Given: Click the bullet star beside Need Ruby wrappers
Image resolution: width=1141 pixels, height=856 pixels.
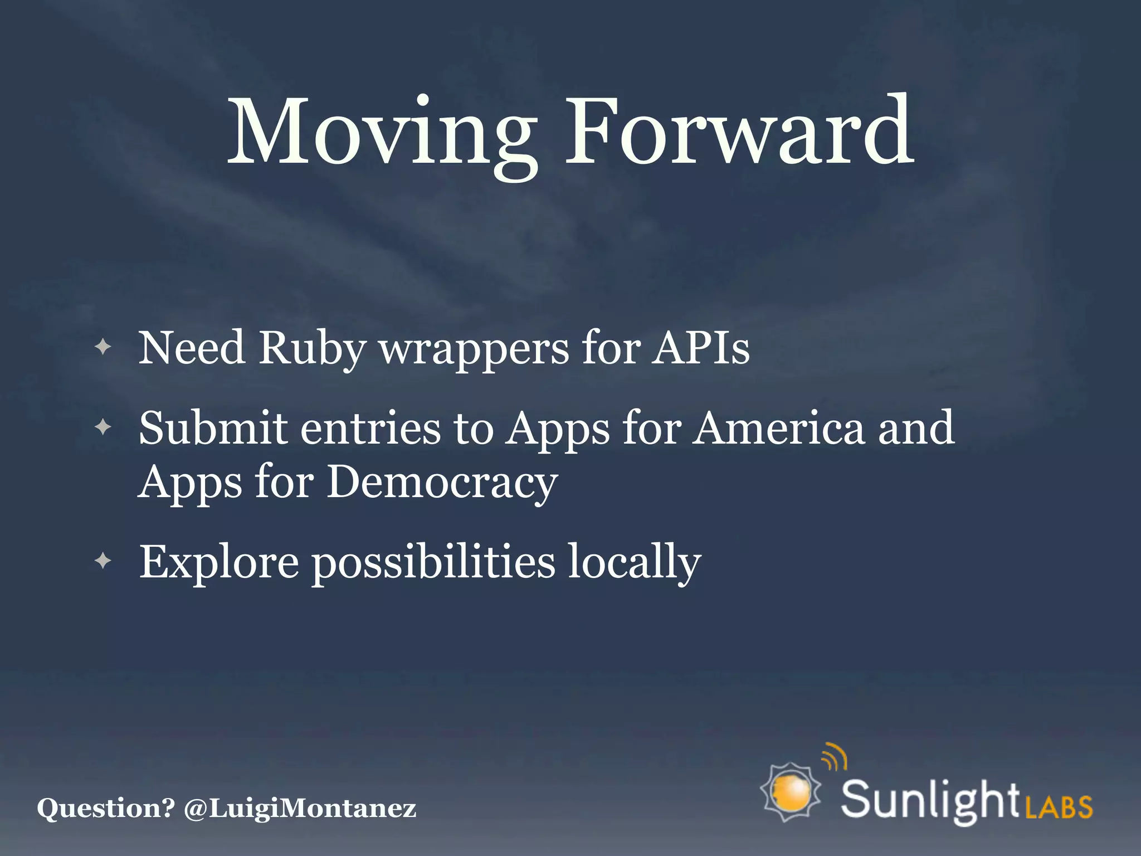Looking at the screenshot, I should [x=103, y=348].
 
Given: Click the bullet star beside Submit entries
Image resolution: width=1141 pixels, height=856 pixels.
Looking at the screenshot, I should [x=103, y=428].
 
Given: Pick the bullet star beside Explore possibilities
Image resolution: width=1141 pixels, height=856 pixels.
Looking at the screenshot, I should [x=103, y=561].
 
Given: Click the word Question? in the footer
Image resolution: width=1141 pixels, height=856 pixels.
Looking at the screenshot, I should [x=106, y=808].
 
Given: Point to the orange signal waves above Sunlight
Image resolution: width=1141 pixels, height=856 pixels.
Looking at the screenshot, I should [x=835, y=757].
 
